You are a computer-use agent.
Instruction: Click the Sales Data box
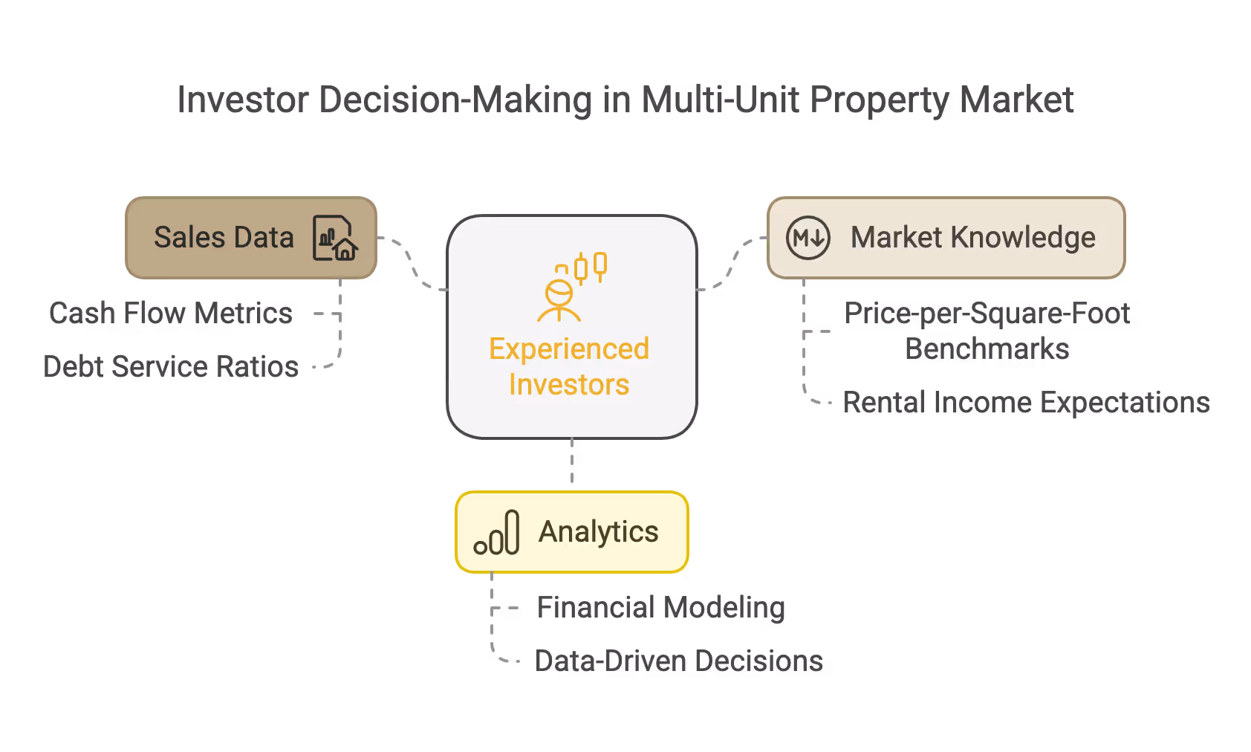pyautogui.click(x=223, y=238)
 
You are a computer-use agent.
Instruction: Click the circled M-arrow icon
pyautogui.click(x=808, y=238)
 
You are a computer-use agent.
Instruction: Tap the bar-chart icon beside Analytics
pyautogui.click(x=497, y=533)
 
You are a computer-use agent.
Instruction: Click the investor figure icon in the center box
pyautogui.click(x=571, y=288)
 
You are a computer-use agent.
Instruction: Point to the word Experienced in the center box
pyautogui.click(x=569, y=349)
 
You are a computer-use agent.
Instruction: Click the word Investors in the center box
pyautogui.click(x=569, y=385)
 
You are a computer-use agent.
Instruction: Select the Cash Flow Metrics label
pyautogui.click(x=171, y=314)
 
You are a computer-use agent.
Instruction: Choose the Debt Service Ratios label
pyautogui.click(x=171, y=367)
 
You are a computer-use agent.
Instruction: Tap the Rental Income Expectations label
pyautogui.click(x=1026, y=403)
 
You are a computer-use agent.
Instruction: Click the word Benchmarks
pyautogui.click(x=987, y=349)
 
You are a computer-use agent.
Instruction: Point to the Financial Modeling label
pyautogui.click(x=660, y=608)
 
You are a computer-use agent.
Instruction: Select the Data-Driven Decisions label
pyautogui.click(x=678, y=661)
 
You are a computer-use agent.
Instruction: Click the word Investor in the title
pyautogui.click(x=242, y=100)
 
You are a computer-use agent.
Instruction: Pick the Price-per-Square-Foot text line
pyautogui.click(x=987, y=314)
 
